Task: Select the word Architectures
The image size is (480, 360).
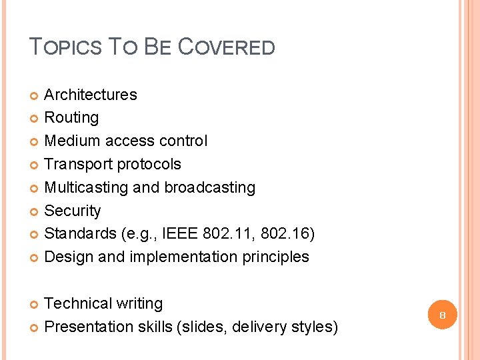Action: [x=90, y=95]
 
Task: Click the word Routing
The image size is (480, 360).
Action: [x=71, y=118]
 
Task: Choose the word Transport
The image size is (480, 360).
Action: [x=78, y=164]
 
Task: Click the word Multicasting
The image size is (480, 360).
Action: [x=86, y=187]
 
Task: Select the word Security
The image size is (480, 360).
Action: [x=72, y=211]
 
